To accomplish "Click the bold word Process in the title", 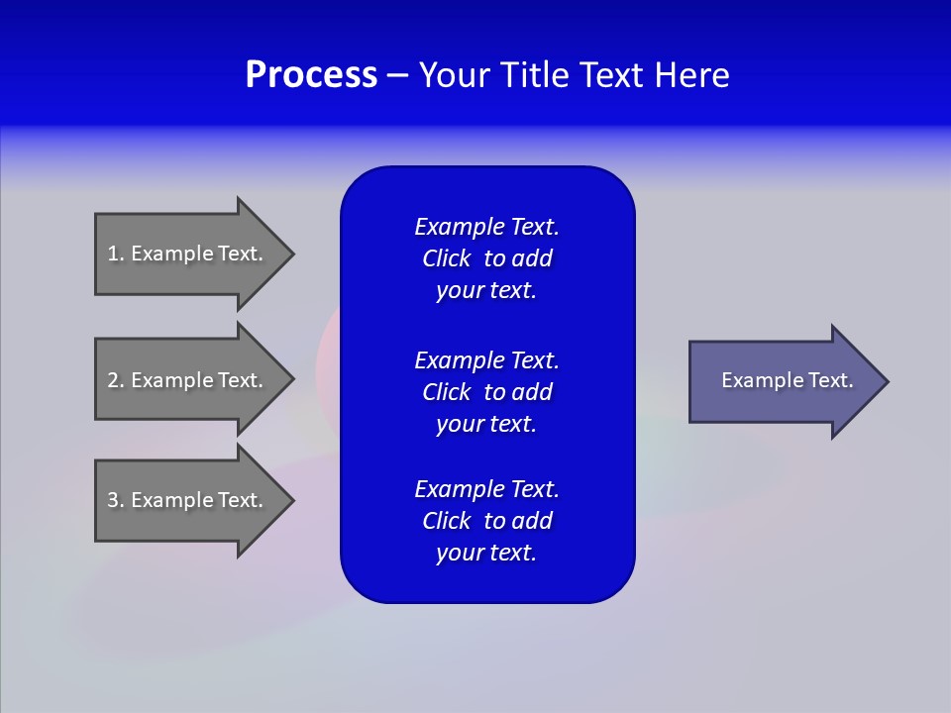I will tap(311, 75).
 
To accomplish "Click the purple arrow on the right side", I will tap(783, 380).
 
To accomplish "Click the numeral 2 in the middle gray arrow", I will tap(113, 380).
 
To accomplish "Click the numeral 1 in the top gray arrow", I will tap(113, 254).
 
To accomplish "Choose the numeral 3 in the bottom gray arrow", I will tap(113, 500).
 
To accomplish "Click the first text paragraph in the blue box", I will tap(486, 258).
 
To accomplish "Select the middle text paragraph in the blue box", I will tap(486, 392).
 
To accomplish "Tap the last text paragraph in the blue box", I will tap(486, 521).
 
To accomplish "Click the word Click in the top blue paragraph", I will tap(446, 258).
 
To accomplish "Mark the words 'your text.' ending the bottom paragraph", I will tap(486, 553).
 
